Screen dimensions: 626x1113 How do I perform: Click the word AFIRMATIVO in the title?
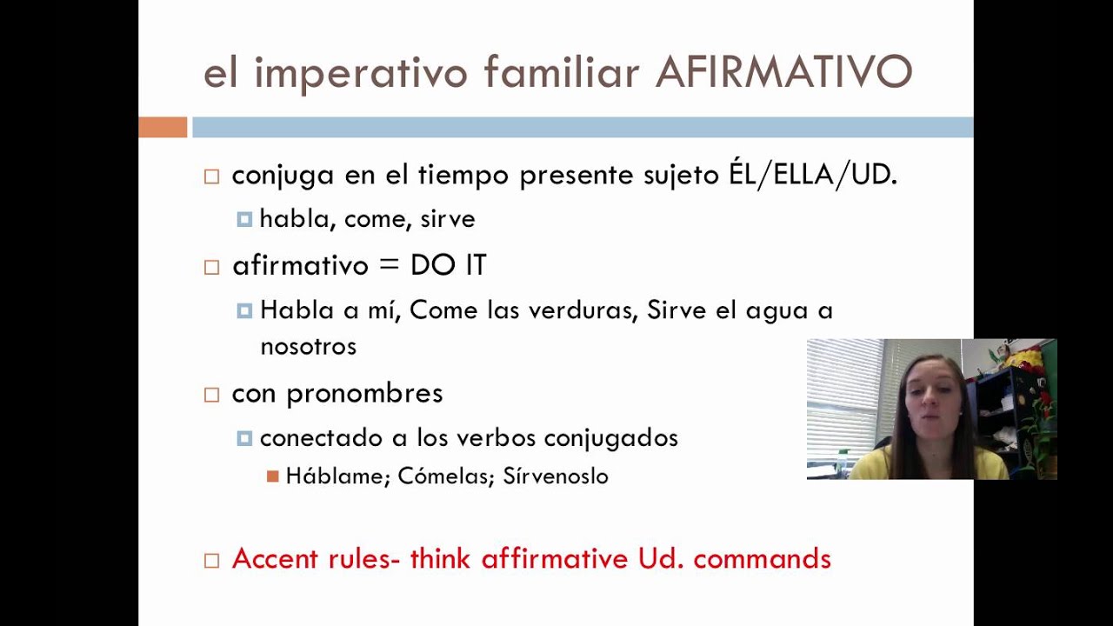pos(783,73)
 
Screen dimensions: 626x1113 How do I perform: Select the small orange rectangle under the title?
pos(163,127)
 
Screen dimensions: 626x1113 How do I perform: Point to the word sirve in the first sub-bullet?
pos(448,219)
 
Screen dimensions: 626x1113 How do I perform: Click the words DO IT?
pos(448,265)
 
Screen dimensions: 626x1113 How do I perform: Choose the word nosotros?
pos(308,346)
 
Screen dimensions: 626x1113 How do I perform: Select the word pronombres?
pos(364,393)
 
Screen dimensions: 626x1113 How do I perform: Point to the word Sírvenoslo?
pos(556,476)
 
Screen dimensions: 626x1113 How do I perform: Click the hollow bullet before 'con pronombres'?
pos(211,395)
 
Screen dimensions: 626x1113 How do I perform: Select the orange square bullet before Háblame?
pos(273,476)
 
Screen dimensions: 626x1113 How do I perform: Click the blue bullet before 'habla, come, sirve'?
pos(244,220)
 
